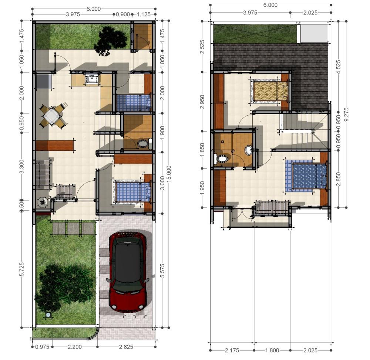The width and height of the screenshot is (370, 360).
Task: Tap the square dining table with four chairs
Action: pyautogui.click(x=53, y=116)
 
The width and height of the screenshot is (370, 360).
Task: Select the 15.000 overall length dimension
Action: pyautogui.click(x=169, y=174)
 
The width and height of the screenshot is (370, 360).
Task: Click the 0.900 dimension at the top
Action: pyautogui.click(x=123, y=14)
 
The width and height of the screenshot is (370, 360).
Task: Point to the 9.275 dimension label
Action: pyautogui.click(x=346, y=114)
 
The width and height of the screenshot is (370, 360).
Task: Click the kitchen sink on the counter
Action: pyautogui.click(x=91, y=78)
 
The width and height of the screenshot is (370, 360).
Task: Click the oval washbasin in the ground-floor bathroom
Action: pyautogui.click(x=142, y=144)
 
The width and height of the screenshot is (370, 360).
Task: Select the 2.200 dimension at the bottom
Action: pyautogui.click(x=75, y=347)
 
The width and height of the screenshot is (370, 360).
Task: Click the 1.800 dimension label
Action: pyautogui.click(x=272, y=350)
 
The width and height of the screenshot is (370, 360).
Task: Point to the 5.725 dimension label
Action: pyautogui.click(x=21, y=269)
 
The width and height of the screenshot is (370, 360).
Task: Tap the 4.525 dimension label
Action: pyautogui.click(x=339, y=67)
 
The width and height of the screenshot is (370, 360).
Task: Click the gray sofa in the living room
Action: pyautogui.click(x=43, y=173)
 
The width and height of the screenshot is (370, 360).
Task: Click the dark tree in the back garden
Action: pyautogui.click(x=110, y=41)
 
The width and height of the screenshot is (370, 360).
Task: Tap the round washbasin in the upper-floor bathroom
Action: pyautogui.click(x=249, y=150)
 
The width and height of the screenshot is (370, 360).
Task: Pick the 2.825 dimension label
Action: pyautogui.click(x=126, y=347)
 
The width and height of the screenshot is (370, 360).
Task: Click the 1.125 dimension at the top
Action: pyautogui.click(x=144, y=14)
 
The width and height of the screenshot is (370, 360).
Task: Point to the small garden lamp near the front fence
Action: pyautogui.click(x=48, y=315)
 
